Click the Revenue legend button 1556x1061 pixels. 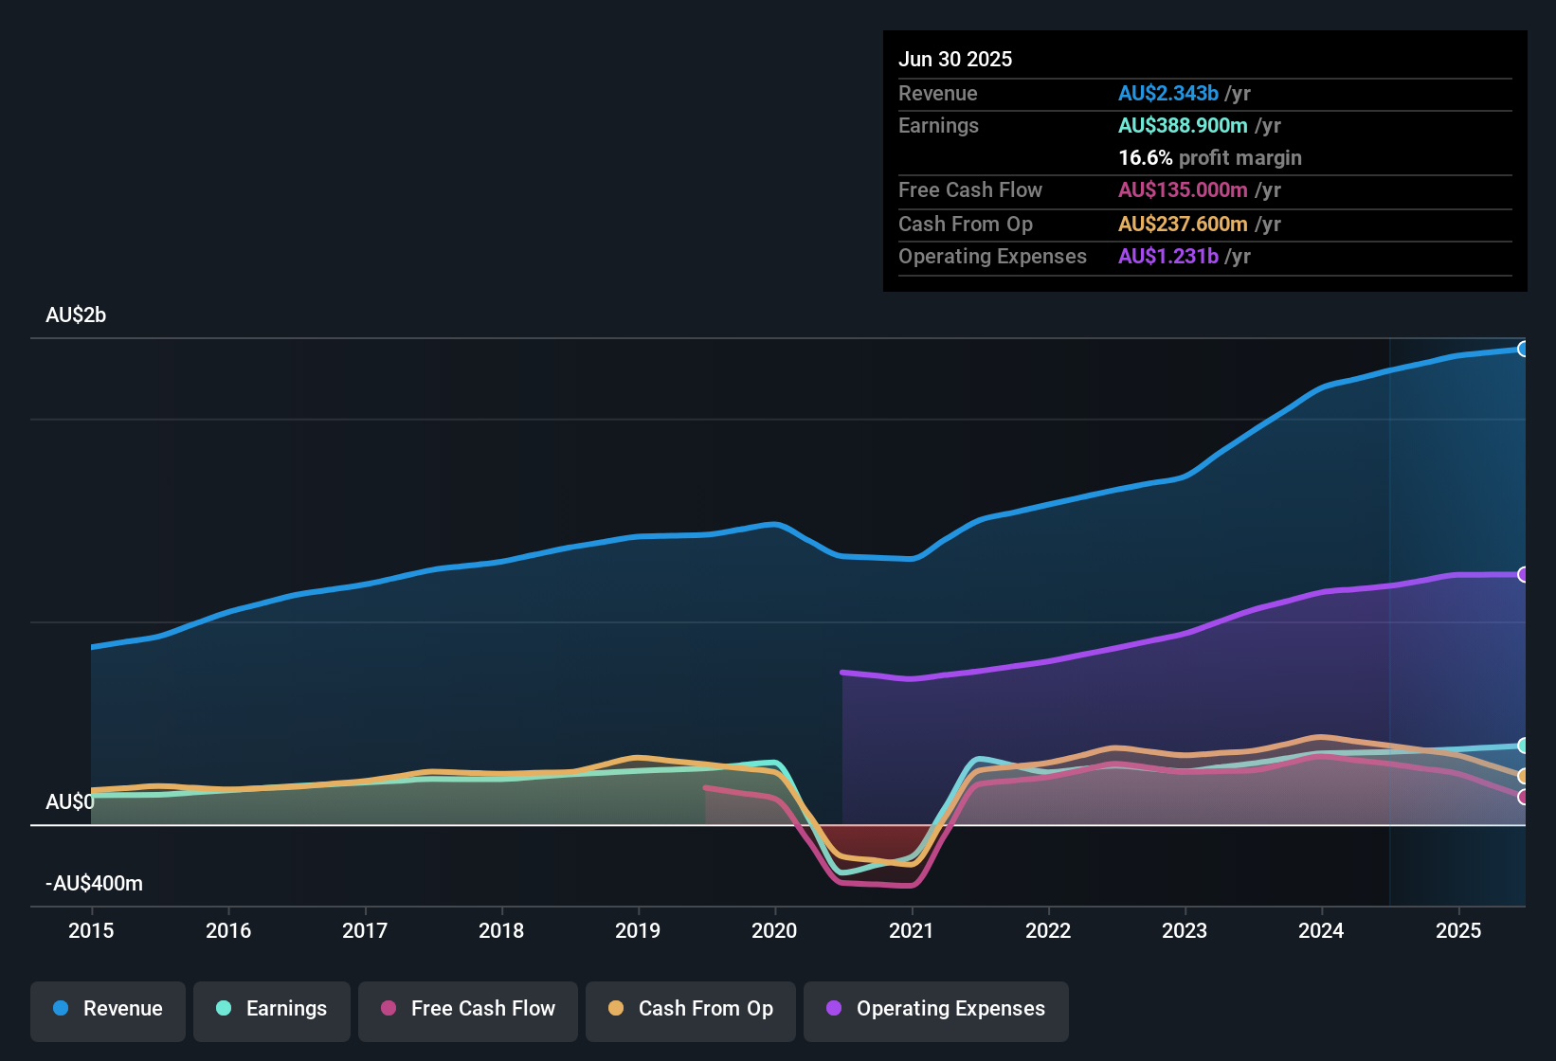[x=108, y=1009]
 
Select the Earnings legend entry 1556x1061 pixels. [x=272, y=1009]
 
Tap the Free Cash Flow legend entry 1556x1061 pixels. [x=468, y=1009]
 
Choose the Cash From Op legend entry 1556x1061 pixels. [x=691, y=1009]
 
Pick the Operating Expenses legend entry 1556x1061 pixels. [x=936, y=1009]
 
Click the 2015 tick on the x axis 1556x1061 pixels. [x=91, y=930]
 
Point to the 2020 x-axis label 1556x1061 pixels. [x=774, y=930]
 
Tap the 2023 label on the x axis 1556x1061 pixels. [x=1185, y=930]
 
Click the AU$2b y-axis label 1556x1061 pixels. [x=76, y=315]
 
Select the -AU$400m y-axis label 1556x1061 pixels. [x=94, y=884]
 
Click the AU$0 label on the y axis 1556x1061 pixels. [x=70, y=802]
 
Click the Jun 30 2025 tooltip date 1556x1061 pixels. [x=955, y=60]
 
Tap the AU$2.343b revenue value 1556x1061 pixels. [x=1168, y=94]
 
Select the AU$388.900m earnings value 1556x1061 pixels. [x=1183, y=126]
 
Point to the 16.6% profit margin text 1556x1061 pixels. [x=1210, y=158]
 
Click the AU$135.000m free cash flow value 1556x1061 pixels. [x=1183, y=190]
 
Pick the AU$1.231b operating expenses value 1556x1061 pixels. [x=1168, y=257]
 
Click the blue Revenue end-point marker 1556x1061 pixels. [x=1523, y=349]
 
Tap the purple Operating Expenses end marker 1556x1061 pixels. [x=1523, y=575]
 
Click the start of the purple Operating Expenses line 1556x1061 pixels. [x=842, y=673]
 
